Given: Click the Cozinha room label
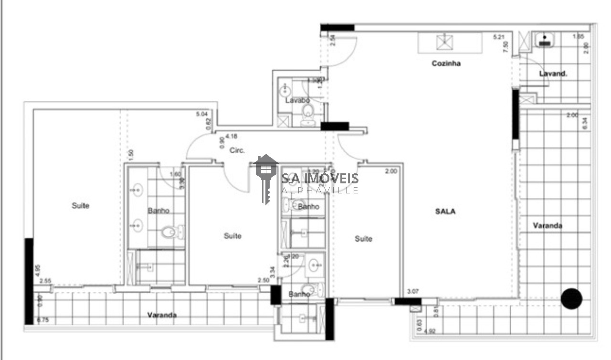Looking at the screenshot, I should click(446, 63).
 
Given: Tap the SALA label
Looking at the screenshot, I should click(445, 212).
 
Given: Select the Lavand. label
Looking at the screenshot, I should click(553, 74).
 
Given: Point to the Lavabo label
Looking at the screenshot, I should click(297, 100).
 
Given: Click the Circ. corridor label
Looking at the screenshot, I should click(237, 150).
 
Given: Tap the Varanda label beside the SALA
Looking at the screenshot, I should click(548, 225).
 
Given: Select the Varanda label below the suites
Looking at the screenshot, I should click(162, 315).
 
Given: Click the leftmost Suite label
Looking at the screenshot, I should click(81, 206).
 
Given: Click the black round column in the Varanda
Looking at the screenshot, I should click(571, 299).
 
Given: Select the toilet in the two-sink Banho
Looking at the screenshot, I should click(169, 233).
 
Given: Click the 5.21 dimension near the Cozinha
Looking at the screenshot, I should click(498, 36).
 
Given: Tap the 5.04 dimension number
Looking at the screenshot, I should click(202, 114).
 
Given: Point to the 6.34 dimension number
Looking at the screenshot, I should click(585, 124).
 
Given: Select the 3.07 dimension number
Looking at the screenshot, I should click(412, 291).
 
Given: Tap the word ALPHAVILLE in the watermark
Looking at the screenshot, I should click(320, 191).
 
